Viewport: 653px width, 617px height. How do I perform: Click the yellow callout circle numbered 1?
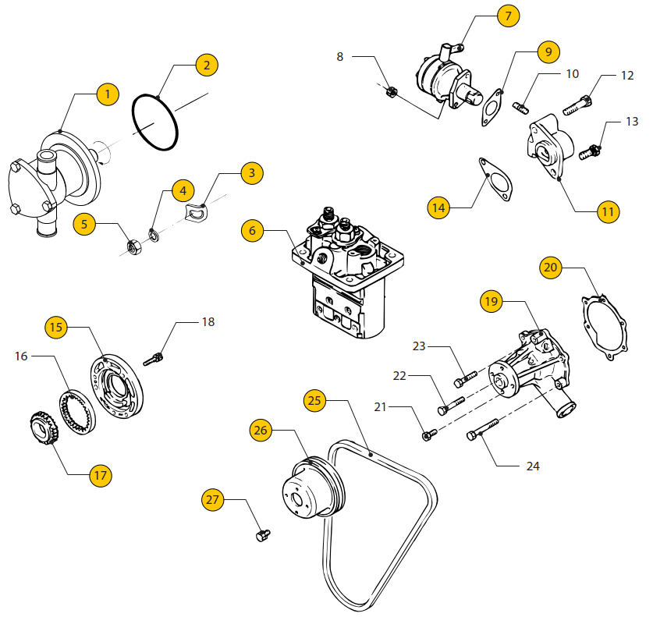click(108, 94)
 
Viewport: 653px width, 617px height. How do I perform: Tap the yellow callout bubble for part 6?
click(251, 230)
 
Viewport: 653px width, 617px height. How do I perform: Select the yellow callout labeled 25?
click(314, 401)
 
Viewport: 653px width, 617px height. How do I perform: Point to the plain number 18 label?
click(208, 321)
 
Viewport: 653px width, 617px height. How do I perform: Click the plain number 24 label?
click(533, 466)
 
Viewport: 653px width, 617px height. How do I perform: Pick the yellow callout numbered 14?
click(438, 207)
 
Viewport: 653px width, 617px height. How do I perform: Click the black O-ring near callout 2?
click(156, 122)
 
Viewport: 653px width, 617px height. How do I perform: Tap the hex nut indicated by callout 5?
click(133, 247)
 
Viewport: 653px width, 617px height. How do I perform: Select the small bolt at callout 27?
click(262, 534)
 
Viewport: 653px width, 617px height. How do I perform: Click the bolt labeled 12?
click(576, 105)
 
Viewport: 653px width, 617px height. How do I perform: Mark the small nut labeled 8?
click(392, 92)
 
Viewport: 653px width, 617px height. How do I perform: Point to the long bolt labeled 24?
click(483, 427)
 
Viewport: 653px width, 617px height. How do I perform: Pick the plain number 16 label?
click(21, 356)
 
